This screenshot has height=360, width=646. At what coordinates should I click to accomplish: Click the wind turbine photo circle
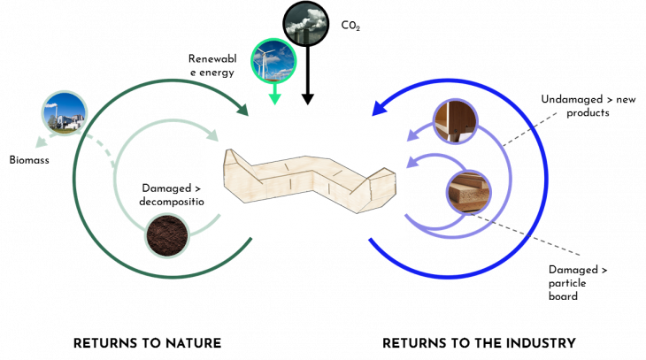(x=273, y=60)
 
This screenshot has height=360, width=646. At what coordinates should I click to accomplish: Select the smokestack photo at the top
(x=306, y=24)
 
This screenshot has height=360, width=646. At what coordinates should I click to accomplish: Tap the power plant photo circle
(x=65, y=113)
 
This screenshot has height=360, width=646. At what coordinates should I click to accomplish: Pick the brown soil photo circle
(x=166, y=235)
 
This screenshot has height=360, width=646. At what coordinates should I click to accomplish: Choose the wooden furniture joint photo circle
(x=455, y=121)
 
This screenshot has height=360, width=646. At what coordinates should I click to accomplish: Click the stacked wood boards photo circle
(x=467, y=191)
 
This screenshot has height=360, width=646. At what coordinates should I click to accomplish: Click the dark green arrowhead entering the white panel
(x=242, y=110)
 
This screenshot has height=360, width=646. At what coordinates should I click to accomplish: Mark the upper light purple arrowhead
(x=411, y=136)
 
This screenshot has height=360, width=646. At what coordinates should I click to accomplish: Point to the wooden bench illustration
(x=305, y=180)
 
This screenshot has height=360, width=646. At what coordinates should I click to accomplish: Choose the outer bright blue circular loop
(x=545, y=177)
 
